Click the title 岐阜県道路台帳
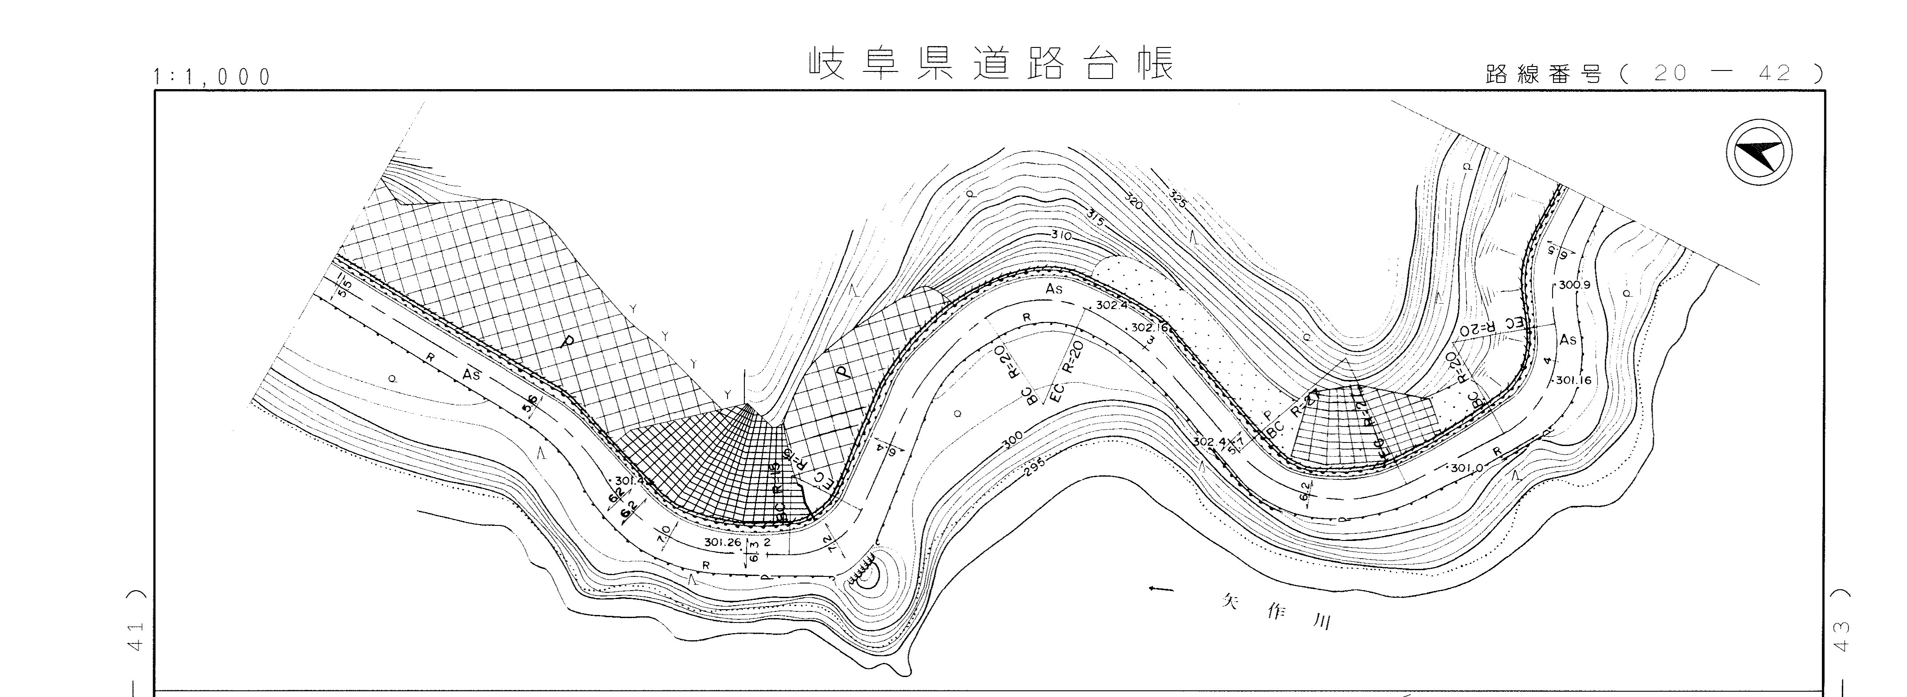pos(991,64)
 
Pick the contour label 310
pos(1060,235)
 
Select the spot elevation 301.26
pos(723,542)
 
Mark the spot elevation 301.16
pos(1573,381)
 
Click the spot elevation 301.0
pos(1466,468)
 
